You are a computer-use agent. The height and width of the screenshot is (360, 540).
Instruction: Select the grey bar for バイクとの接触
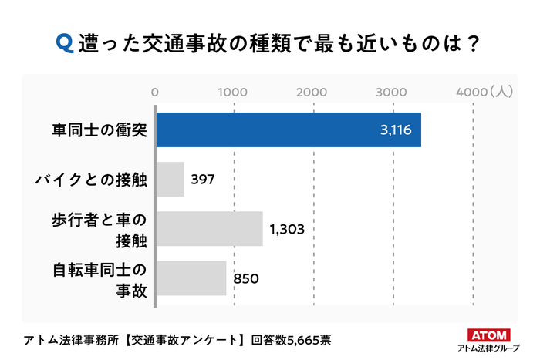(170, 179)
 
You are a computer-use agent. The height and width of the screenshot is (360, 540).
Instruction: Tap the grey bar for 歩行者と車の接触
(210, 229)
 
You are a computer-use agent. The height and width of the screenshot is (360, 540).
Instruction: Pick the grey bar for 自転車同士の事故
(191, 278)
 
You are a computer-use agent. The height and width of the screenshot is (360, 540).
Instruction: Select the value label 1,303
(289, 229)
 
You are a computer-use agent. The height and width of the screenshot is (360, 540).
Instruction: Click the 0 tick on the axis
(156, 92)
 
